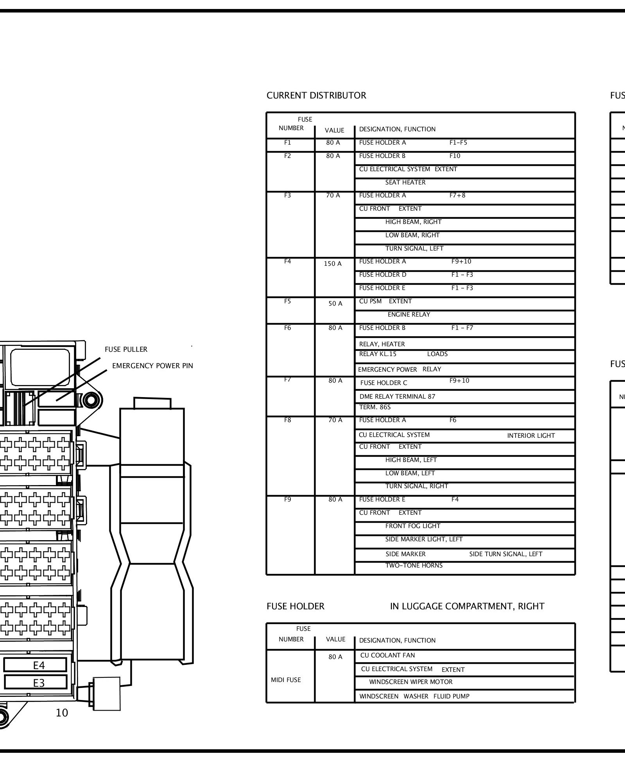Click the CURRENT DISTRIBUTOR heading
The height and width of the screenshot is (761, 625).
(x=316, y=96)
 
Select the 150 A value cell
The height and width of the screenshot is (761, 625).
(x=333, y=264)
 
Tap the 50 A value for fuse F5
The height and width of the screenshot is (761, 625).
(x=335, y=304)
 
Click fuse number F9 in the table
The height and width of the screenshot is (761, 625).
(x=288, y=500)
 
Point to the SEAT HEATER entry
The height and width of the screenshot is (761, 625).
(x=405, y=183)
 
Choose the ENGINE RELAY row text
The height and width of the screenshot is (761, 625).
(x=409, y=315)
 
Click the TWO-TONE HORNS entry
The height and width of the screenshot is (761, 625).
(x=414, y=566)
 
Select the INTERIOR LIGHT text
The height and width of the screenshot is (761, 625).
(x=531, y=436)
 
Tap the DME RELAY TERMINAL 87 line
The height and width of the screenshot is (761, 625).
(x=397, y=397)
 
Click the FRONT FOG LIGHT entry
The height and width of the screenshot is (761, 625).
(x=413, y=526)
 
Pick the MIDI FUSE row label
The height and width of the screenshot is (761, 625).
(x=286, y=680)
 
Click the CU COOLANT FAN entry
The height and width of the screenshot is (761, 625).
(x=387, y=655)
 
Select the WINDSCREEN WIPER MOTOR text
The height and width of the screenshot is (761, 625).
(x=411, y=682)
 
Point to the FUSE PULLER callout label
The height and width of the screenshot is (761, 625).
(x=126, y=349)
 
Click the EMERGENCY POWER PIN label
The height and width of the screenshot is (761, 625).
(x=152, y=366)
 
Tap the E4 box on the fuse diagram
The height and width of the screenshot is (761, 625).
(x=39, y=665)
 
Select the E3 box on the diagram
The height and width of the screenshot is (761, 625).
(x=39, y=683)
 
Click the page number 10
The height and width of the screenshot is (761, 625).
(x=62, y=713)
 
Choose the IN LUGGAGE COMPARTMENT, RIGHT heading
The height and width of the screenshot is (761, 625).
(x=467, y=607)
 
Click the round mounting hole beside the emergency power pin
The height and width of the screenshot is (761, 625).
(x=91, y=401)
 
